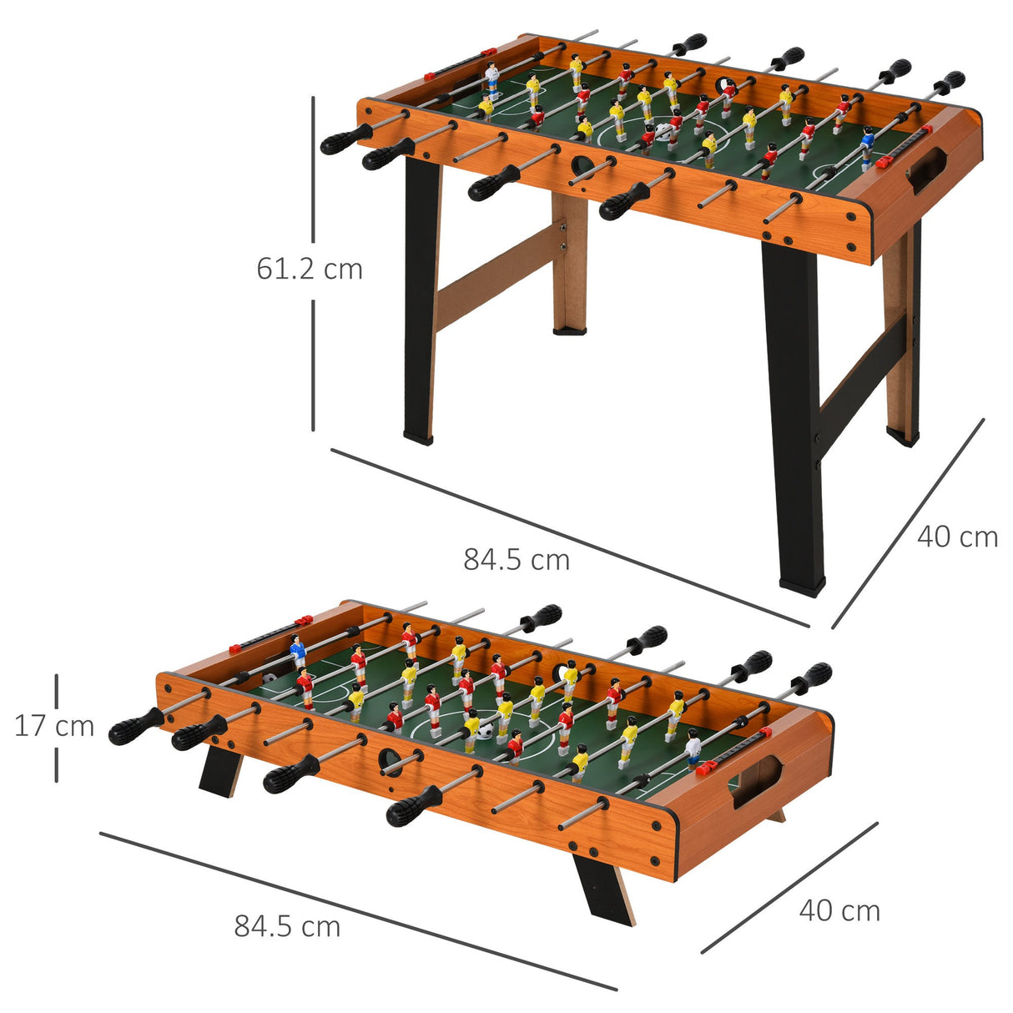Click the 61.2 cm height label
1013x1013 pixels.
tap(310, 269)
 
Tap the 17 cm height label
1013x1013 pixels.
tap(54, 726)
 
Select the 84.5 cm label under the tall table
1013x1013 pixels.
tap(517, 559)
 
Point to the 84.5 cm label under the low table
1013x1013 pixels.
tap(287, 926)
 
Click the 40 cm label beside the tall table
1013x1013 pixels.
tap(957, 537)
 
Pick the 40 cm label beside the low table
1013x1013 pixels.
tap(839, 910)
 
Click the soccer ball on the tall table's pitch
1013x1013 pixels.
tap(663, 132)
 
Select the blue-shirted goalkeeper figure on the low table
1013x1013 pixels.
tap(297, 651)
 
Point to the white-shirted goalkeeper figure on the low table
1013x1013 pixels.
tap(693, 747)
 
